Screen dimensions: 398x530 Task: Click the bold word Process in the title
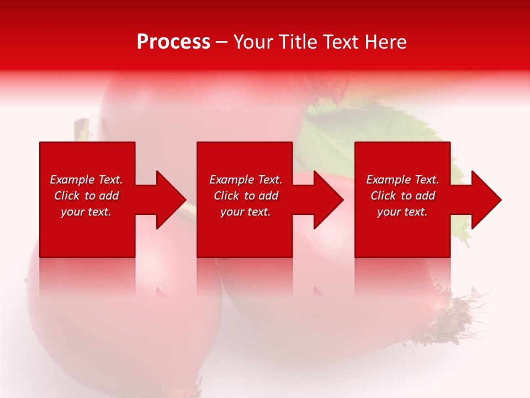point(173,42)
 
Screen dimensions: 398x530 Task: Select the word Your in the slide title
point(252,42)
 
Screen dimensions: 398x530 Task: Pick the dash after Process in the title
point(221,43)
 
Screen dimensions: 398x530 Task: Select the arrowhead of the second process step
point(327,200)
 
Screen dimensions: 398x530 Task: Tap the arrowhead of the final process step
point(485,200)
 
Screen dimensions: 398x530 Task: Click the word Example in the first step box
point(72,180)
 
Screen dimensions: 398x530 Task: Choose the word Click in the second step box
point(227,196)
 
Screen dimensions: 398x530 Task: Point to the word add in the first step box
point(109,196)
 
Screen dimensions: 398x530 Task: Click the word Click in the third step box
point(384,196)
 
